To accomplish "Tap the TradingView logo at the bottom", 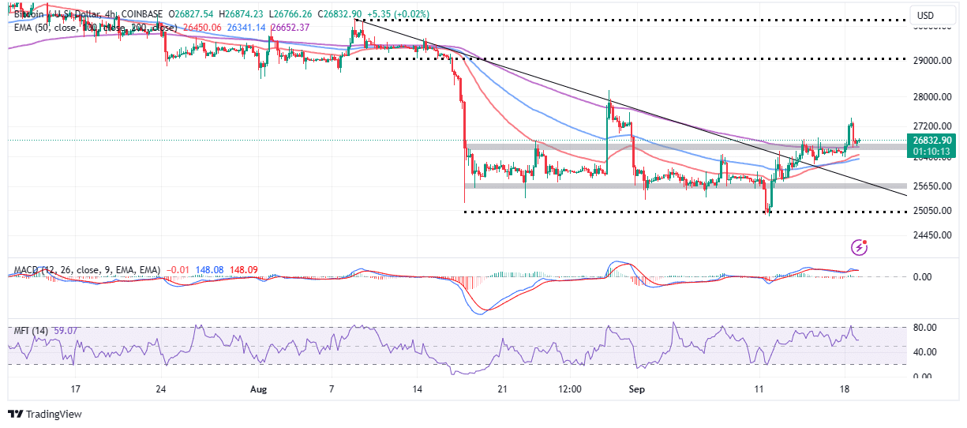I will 45,414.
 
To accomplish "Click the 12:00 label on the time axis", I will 569,389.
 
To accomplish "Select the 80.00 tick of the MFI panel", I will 924,328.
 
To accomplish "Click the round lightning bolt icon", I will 860,248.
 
